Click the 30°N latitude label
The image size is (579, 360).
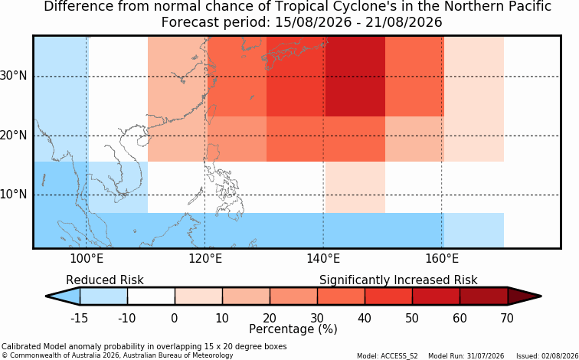click(14, 76)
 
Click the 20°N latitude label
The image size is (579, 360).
click(14, 136)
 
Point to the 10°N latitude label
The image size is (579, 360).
click(14, 195)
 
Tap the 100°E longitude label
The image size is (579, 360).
click(87, 259)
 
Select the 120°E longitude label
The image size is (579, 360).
click(205, 259)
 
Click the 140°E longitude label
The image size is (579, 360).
click(323, 259)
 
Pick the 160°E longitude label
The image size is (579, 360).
click(442, 259)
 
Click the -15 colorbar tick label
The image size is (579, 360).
click(79, 318)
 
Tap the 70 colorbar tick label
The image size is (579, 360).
click(507, 318)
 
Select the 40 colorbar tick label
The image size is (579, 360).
click(365, 318)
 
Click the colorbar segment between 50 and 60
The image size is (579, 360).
click(436, 296)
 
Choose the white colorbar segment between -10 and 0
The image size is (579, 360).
click(151, 296)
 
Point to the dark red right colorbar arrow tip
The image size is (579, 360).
click(540, 296)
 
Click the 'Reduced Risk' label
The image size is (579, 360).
click(104, 280)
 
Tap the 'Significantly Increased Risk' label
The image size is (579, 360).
click(398, 280)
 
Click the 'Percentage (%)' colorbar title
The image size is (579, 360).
click(293, 329)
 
